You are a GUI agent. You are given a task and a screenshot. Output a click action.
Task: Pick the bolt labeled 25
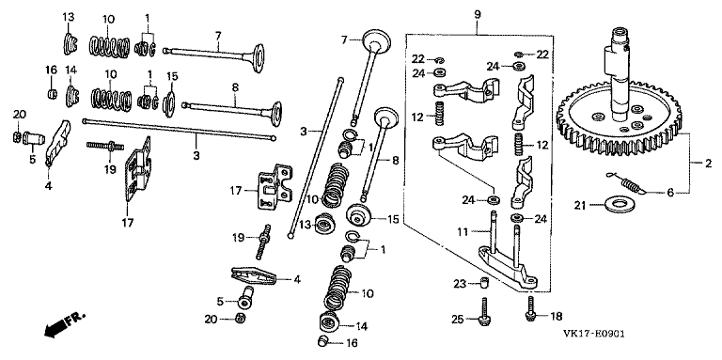click(x=485, y=312)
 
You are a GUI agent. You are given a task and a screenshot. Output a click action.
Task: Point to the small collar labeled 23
click(x=482, y=282)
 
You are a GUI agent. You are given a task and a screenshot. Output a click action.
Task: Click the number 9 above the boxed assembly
click(x=477, y=15)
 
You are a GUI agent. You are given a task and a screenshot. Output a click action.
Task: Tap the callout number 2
click(x=708, y=163)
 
